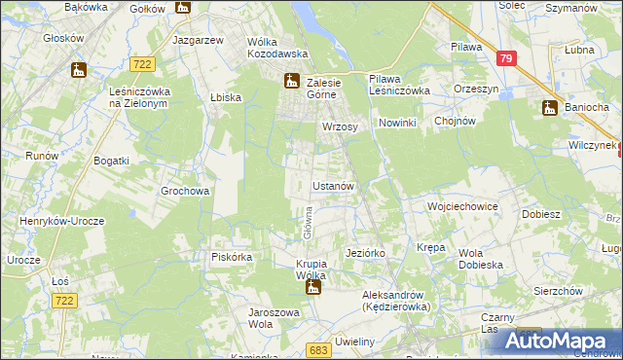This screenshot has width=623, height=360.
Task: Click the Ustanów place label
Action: coord(337,185)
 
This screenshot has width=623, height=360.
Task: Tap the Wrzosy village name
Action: coord(340,127)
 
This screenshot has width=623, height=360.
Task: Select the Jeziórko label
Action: coord(366,253)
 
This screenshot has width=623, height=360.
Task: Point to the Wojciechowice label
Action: coord(462,207)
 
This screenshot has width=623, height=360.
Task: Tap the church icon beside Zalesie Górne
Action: coord(290,82)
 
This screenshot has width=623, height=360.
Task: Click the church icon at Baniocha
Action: coord(550,108)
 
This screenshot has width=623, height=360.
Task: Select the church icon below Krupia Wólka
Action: coord(312,288)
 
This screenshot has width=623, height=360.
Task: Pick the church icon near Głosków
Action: coord(78,70)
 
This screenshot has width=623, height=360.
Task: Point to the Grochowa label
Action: coord(185,192)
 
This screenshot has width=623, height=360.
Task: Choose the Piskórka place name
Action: coord(232,257)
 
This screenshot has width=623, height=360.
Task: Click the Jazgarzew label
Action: coord(199,41)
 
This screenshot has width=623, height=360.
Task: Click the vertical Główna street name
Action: coord(306,222)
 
